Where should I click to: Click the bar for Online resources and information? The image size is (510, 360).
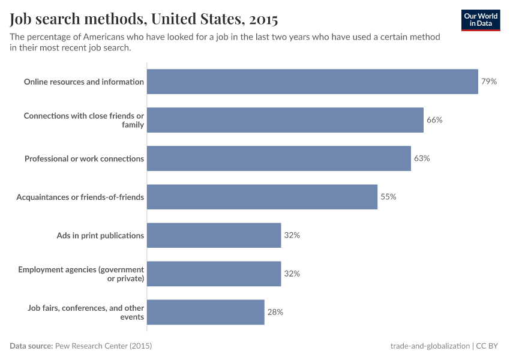coord(312,82)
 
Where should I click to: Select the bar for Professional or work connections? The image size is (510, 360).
coord(278,158)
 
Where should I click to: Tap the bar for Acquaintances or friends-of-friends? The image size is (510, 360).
coord(262,197)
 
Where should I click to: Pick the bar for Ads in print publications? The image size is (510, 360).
coord(214,235)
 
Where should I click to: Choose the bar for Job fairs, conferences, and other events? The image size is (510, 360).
coord(205,312)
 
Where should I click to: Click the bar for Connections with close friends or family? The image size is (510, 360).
coord(285,120)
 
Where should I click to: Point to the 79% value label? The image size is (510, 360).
coord(489,82)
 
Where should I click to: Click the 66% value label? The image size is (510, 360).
coord(434,120)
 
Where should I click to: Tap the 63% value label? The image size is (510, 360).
coord(422,158)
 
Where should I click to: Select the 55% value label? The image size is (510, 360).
coord(388,197)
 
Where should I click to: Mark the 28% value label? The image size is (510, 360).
coord(275,312)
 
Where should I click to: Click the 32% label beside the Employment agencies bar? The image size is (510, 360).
coord(292,274)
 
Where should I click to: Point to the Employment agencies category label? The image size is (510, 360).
coord(81,274)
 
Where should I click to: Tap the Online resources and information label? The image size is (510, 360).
coord(84,82)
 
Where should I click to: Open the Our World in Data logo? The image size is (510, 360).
coord(481,20)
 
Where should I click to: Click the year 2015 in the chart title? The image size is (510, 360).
coord(261,20)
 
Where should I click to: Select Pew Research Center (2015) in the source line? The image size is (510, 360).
coord(103,346)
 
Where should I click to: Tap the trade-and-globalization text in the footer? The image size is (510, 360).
coord(430,346)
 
